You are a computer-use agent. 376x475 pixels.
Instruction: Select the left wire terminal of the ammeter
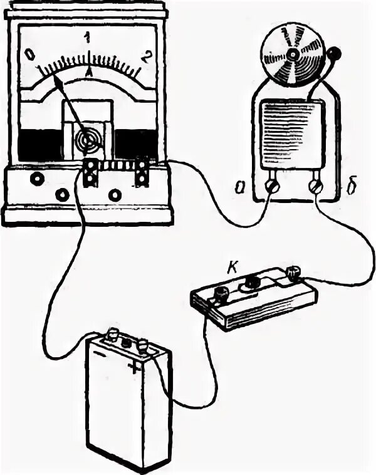[x=90, y=172]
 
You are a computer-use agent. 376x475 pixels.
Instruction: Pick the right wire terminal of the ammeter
[x=143, y=172]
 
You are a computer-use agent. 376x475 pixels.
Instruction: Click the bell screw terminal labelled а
[x=272, y=187]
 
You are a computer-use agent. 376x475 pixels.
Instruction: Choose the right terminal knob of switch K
[x=292, y=274]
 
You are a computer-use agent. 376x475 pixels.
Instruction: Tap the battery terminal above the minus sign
[x=114, y=333]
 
